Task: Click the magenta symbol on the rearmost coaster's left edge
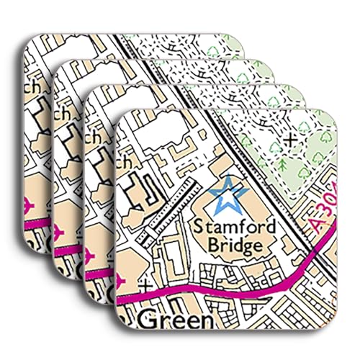[27, 204]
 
